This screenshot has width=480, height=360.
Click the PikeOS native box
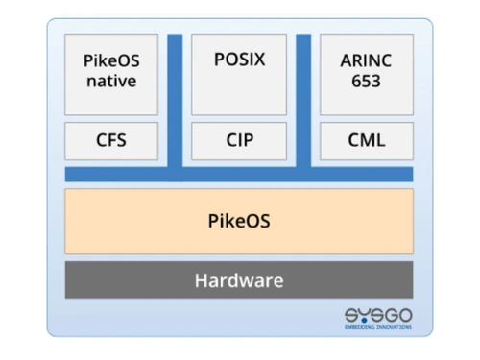click(111, 73)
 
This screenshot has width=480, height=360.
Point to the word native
click(111, 82)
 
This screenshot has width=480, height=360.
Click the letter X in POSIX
click(260, 60)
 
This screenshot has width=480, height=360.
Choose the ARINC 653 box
click(366, 73)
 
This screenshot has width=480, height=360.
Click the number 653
click(366, 82)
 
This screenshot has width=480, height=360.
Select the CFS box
click(111, 141)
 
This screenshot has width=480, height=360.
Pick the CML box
click(366, 141)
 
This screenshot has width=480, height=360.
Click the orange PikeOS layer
click(239, 220)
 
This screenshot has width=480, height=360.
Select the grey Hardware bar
click(239, 280)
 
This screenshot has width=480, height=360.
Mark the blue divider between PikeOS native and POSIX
click(175, 101)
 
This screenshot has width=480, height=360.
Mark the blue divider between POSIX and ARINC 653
click(303, 101)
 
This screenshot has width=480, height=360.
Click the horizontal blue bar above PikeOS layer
click(239, 174)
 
